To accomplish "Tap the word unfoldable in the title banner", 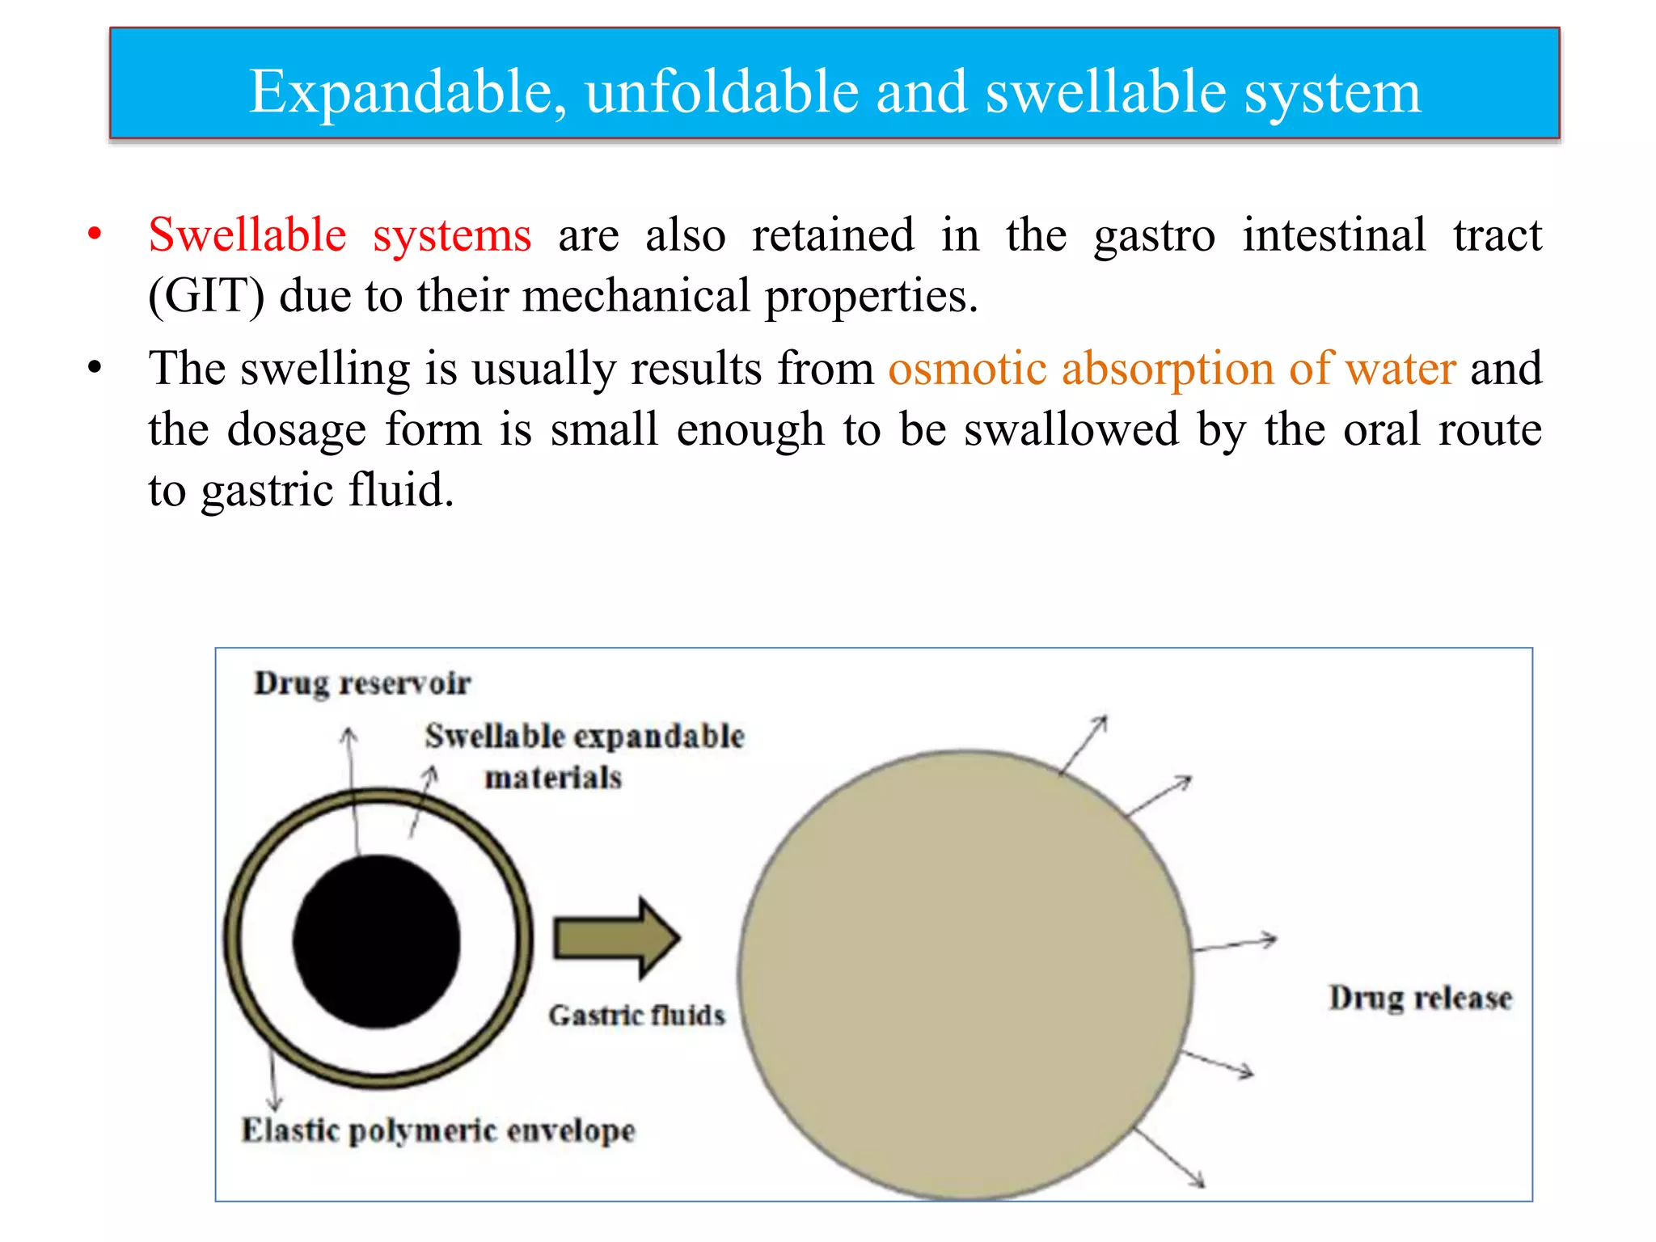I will click(721, 91).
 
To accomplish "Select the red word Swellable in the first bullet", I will click(247, 235).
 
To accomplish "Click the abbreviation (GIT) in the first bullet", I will click(206, 296).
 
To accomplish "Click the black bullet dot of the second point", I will click(95, 368).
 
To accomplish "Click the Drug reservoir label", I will click(361, 684).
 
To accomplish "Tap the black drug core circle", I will click(377, 941).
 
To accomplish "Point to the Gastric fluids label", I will click(636, 1016).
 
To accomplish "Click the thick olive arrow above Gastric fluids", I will click(616, 938).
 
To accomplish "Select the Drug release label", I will click(1420, 999).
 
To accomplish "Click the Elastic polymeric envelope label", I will click(438, 1130).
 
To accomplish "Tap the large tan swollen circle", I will click(965, 974).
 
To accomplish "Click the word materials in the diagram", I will click(553, 778).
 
